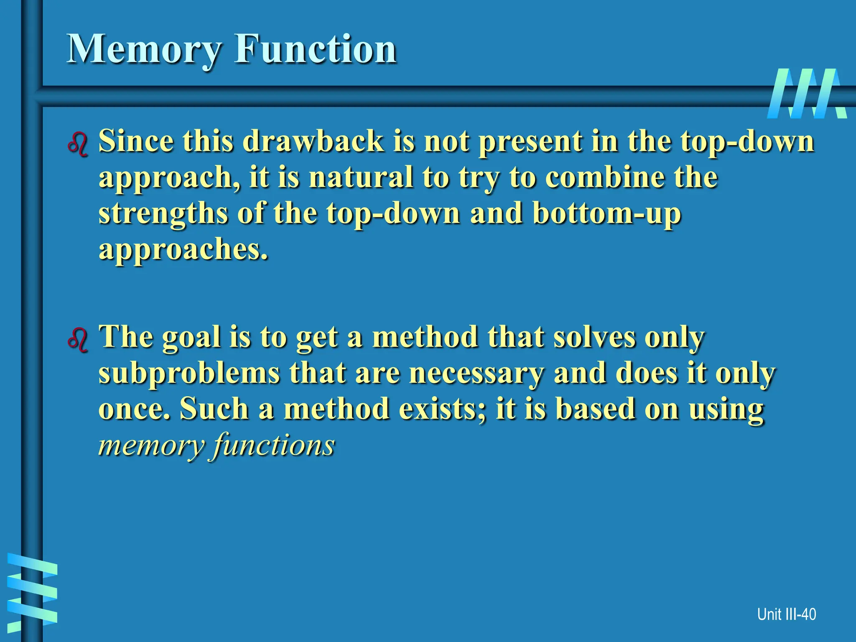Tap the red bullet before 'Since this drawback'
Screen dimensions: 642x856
(78, 144)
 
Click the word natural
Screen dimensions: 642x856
(361, 177)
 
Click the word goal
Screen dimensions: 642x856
(191, 338)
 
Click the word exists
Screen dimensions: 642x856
(443, 408)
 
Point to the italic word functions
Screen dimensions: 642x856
(274, 446)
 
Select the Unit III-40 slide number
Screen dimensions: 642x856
(786, 614)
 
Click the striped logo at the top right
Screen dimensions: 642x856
(806, 94)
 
